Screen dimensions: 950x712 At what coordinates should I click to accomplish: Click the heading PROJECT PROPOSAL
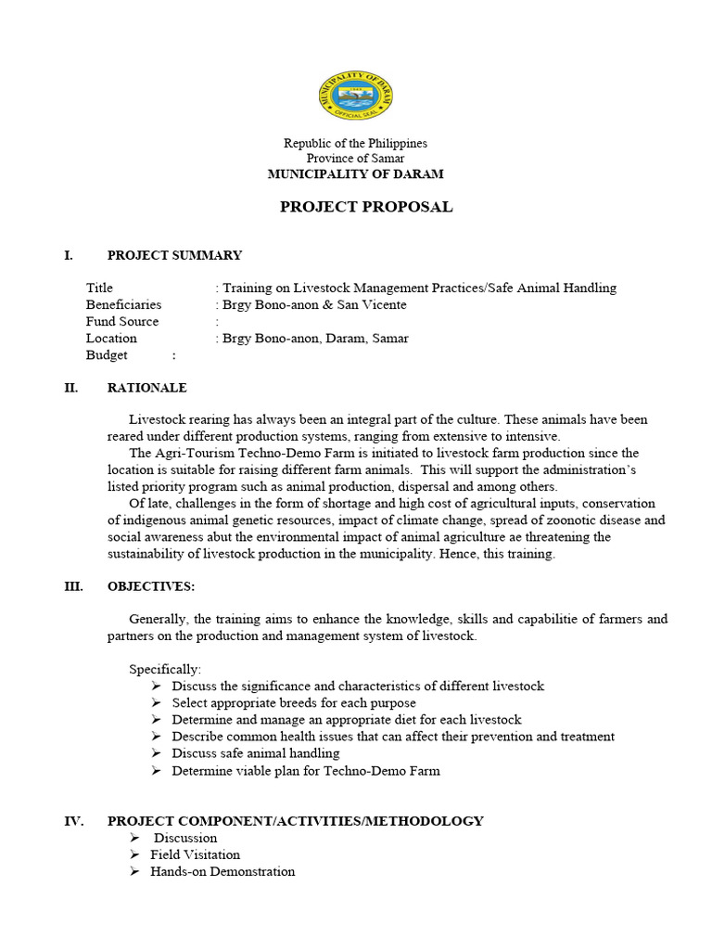pyautogui.click(x=366, y=207)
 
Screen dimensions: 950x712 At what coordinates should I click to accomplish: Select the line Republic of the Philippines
pyautogui.click(x=355, y=143)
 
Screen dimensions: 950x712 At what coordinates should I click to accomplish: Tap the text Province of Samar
pyautogui.click(x=355, y=159)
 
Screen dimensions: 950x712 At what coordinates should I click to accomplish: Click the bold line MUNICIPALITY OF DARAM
pyautogui.click(x=355, y=174)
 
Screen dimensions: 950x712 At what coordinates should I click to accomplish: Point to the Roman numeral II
pyautogui.click(x=70, y=388)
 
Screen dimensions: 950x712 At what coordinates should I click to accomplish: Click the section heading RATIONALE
pyautogui.click(x=146, y=388)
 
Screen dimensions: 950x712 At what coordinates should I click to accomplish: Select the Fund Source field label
pyautogui.click(x=122, y=321)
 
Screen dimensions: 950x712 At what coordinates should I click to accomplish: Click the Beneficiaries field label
pyautogui.click(x=123, y=304)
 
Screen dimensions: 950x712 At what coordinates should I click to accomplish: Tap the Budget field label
pyautogui.click(x=107, y=354)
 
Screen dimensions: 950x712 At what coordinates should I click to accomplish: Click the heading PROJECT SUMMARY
pyautogui.click(x=174, y=255)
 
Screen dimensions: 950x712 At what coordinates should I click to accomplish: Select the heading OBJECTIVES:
pyautogui.click(x=151, y=586)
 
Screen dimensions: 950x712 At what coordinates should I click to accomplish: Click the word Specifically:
pyautogui.click(x=165, y=669)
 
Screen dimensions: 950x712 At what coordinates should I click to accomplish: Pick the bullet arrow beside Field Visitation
pyautogui.click(x=134, y=854)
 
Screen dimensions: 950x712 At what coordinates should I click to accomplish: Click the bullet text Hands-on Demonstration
pyautogui.click(x=222, y=871)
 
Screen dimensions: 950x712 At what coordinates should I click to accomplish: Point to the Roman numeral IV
pyautogui.click(x=73, y=821)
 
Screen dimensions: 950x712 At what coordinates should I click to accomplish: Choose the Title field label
pyautogui.click(x=99, y=288)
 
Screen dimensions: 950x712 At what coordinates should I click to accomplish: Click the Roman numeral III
pyautogui.click(x=73, y=586)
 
